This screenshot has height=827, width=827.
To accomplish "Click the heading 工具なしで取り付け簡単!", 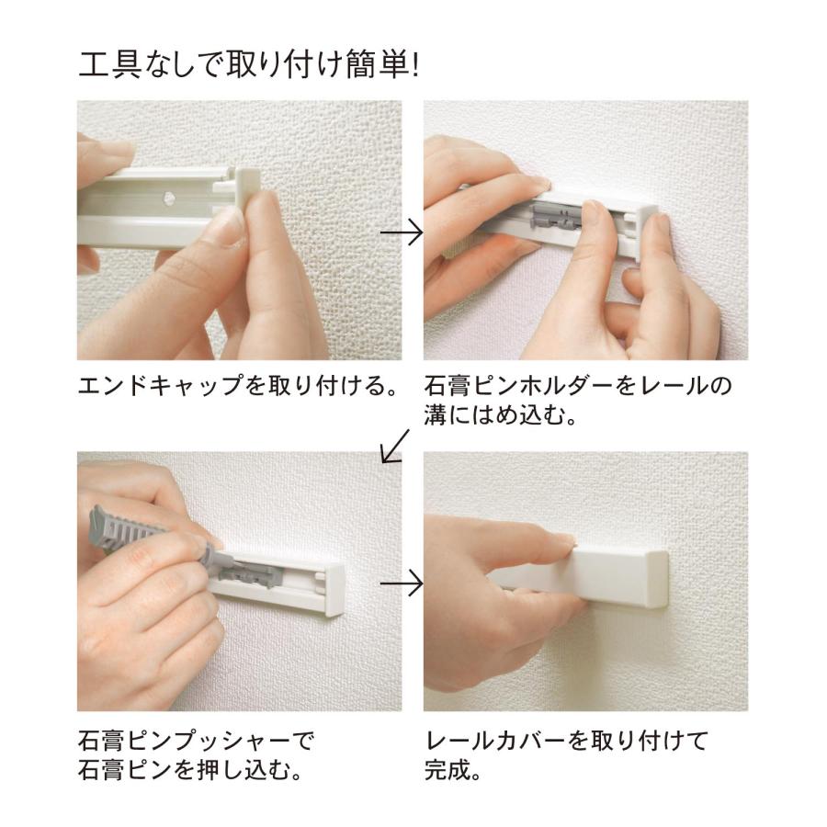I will tap(248, 66).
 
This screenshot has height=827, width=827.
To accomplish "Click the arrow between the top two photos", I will tap(402, 232).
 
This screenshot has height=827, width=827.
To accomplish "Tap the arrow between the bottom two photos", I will tap(402, 583).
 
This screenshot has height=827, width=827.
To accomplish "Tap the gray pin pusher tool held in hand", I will tap(129, 532).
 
